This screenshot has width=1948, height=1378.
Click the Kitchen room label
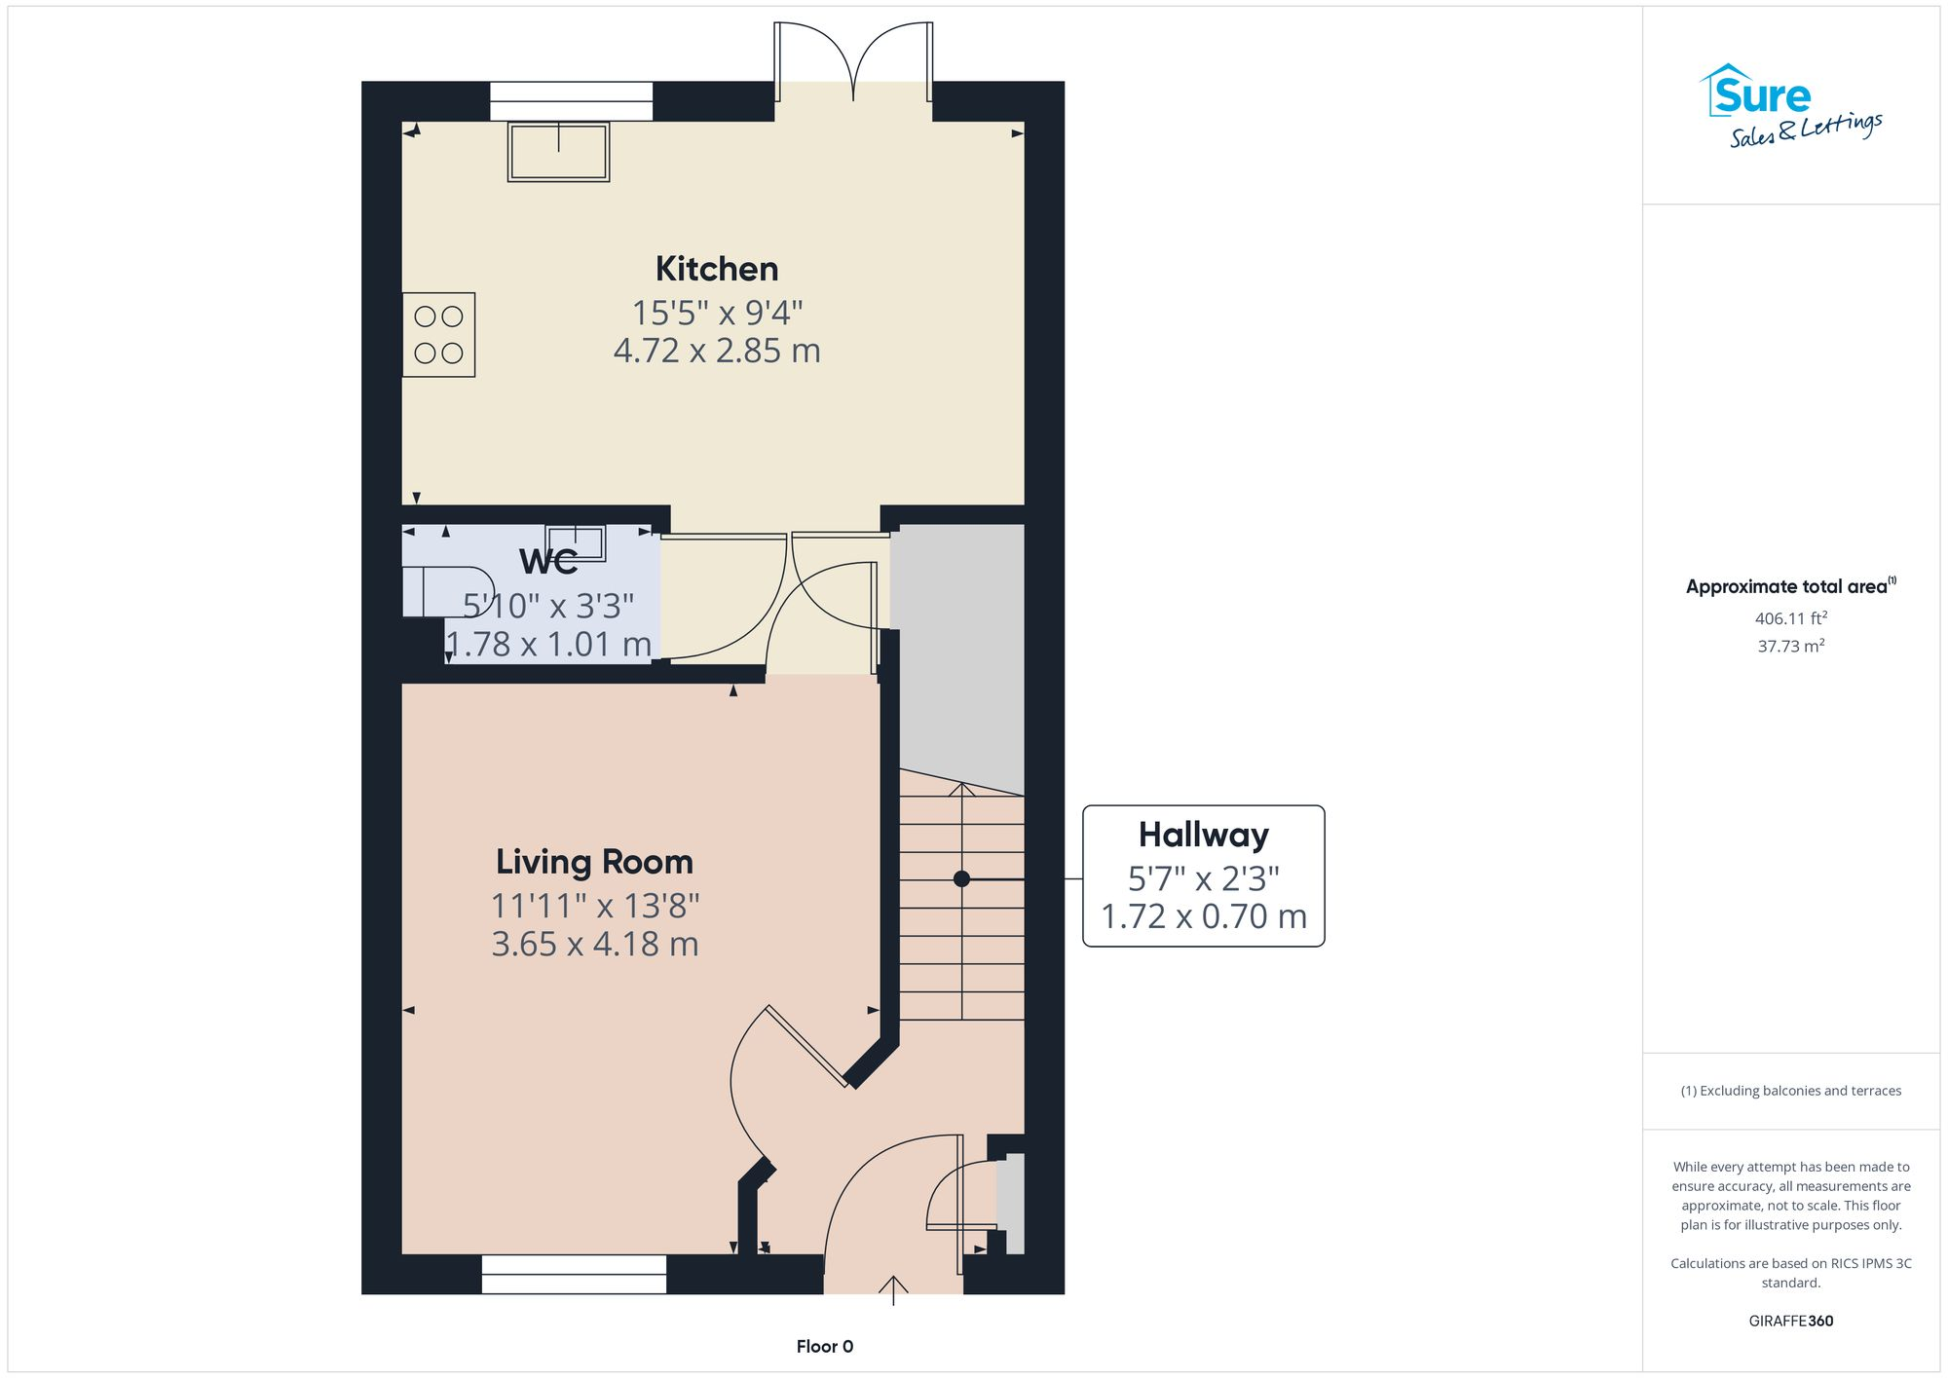coord(716,269)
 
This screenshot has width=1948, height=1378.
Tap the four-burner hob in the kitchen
coord(438,334)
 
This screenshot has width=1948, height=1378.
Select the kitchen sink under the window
coord(558,152)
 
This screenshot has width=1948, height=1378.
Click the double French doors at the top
coord(853,61)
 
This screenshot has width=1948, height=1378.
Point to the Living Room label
coord(594,862)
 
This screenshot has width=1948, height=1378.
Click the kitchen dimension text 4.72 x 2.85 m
coord(716,351)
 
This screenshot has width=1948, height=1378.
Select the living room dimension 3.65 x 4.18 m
coord(594,944)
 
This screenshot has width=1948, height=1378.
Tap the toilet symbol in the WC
coord(443,591)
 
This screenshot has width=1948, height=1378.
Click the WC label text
coord(548,562)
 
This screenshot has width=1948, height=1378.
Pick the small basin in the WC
coord(575,541)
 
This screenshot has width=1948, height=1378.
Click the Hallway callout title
coord(1203,835)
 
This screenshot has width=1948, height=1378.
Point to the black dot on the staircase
coord(961,878)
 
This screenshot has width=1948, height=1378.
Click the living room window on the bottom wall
coord(574,1274)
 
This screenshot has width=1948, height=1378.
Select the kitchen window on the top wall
coord(571,101)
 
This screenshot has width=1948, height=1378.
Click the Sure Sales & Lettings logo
coord(1790,107)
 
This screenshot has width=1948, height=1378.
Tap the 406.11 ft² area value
coord(1790,618)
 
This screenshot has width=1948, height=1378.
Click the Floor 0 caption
coord(824,1346)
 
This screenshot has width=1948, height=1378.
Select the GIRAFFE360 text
coord(1790,1321)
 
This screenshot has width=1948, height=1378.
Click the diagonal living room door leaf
coord(806,1046)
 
